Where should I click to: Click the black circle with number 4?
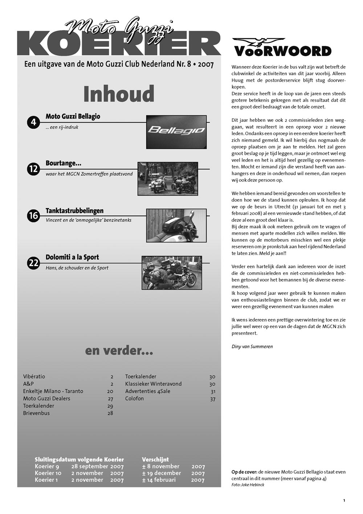coord(33,122)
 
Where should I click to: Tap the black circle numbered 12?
coord(33,169)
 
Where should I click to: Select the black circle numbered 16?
coord(33,216)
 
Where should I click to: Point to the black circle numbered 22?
coord(33,263)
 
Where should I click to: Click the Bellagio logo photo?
coord(176,132)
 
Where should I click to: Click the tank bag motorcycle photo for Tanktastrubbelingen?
coord(176,225)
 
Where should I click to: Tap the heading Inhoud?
coord(119,94)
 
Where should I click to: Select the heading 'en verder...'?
coord(119,350)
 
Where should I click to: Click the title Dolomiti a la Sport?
coord(72,257)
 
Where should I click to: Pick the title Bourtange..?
coord(63,163)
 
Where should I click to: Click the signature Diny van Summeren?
coord(252,346)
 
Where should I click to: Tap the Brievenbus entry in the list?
coord(36,413)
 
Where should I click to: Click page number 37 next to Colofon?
coord(212,399)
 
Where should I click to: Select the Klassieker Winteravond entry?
coord(153,384)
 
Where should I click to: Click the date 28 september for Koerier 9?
coord(90,466)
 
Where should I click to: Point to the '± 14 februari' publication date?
coord(159,480)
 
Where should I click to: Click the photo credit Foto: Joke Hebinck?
coord(248,485)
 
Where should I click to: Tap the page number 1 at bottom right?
coord(344,501)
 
